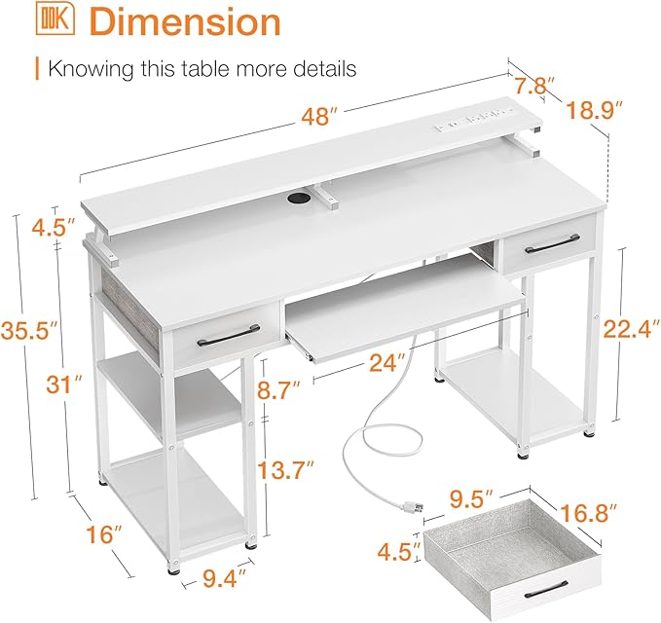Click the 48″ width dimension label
(320, 117)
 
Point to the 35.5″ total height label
(28, 330)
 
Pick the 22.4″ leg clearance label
(631, 329)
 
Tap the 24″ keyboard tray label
(387, 362)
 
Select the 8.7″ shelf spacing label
(278, 390)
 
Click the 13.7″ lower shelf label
(286, 470)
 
